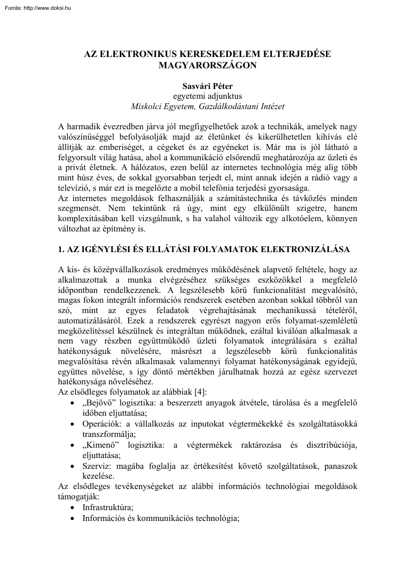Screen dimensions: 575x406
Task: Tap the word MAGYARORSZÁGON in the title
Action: pos(208,64)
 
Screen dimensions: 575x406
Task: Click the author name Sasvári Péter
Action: pos(208,86)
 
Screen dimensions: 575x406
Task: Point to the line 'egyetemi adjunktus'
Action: pos(208,96)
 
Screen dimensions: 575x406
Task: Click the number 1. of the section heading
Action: pos(61,250)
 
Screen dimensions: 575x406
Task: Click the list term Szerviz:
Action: pos(97,466)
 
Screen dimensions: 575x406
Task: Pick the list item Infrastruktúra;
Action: pos(108,507)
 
